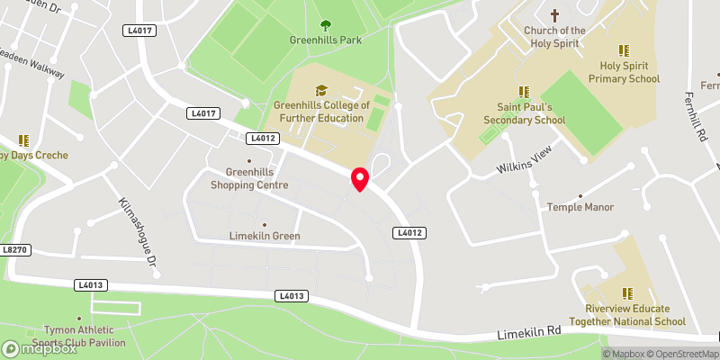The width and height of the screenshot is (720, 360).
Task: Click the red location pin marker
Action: tap(360, 178)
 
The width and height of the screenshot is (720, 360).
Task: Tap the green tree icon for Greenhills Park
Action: tap(326, 26)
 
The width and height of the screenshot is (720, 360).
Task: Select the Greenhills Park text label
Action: tap(326, 40)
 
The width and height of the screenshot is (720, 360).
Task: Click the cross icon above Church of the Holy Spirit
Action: tap(554, 15)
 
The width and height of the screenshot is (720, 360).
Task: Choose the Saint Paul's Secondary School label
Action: tap(524, 112)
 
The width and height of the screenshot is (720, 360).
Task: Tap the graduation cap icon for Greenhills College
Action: tap(321, 90)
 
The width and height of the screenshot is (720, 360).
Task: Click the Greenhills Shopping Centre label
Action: tap(249, 178)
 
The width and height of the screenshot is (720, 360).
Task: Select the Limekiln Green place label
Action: tap(264, 237)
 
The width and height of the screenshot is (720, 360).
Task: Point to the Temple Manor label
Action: tap(580, 207)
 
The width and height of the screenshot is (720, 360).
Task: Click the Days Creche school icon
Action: tap(23, 140)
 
